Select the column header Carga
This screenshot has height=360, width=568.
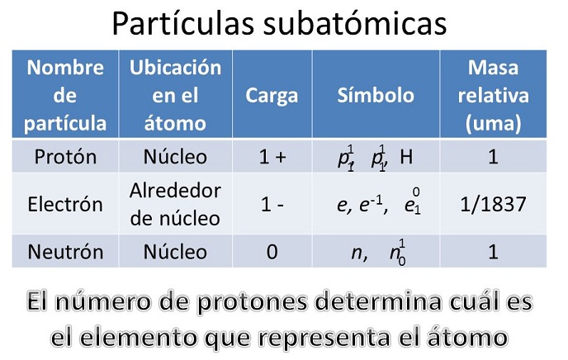tap(272, 95)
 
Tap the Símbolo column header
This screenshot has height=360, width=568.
tap(376, 95)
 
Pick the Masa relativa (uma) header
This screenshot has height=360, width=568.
tap(493, 95)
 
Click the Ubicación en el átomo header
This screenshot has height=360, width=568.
tap(175, 95)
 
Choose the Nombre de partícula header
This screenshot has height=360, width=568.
tap(65, 95)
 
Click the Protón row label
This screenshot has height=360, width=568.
tap(65, 157)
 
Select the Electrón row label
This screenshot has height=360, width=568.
tap(65, 204)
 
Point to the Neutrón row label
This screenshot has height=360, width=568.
tap(65, 252)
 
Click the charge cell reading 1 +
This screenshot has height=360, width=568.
tap(272, 157)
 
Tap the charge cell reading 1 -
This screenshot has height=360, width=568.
tap(272, 204)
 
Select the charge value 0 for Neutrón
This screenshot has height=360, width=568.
tap(272, 252)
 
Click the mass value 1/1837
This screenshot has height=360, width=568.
tap(493, 204)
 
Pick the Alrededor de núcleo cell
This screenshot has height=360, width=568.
tap(175, 204)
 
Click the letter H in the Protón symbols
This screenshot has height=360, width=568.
tap(405, 157)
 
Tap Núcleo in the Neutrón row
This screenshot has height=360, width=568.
tap(175, 252)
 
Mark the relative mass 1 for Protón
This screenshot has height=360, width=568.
tap(493, 157)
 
